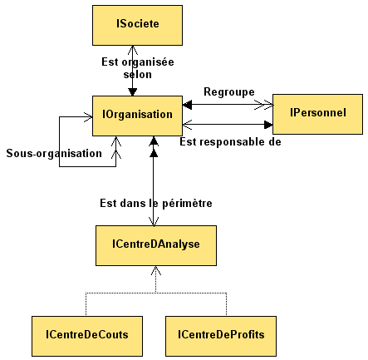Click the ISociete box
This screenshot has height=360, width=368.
137,25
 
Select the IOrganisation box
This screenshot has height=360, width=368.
137,116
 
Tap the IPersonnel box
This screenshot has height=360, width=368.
317,114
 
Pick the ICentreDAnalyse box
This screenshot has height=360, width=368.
156,245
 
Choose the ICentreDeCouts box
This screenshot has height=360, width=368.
87,336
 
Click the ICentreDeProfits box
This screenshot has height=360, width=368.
221,336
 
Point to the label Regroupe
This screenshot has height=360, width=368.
229,91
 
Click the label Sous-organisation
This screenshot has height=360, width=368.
54,153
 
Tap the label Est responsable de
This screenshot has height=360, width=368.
230,141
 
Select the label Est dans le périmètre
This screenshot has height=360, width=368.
156,203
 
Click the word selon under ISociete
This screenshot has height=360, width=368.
138,74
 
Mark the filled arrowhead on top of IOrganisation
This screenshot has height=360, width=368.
133,92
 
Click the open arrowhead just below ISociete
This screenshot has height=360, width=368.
133,50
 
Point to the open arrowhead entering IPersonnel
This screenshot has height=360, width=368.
264,105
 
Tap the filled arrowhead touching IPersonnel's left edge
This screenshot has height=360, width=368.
268,125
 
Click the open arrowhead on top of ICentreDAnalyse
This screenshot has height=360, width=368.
154,221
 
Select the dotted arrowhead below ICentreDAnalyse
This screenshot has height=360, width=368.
156,271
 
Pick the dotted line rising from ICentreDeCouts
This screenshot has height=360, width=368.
86,304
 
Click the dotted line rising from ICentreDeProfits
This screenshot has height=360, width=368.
227,304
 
